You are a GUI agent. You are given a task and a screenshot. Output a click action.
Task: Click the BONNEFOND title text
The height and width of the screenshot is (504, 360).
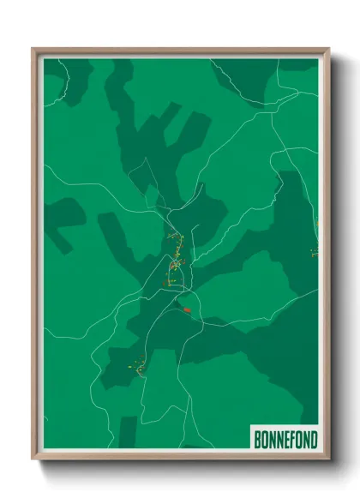[x=285, y=441]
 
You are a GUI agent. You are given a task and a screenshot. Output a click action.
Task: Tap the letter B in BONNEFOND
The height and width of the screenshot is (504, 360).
[x=258, y=441]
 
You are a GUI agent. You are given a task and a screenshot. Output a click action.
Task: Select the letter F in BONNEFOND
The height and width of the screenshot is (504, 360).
[x=292, y=441]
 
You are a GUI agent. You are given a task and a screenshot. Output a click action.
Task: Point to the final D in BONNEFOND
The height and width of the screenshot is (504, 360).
[x=314, y=441]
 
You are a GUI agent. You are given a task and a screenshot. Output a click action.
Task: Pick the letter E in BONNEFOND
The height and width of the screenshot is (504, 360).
[x=285, y=441]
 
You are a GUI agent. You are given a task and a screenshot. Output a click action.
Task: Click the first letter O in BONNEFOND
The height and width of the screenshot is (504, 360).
[x=265, y=441]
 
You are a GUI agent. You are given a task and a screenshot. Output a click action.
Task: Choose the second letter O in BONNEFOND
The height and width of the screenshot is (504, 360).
[x=299, y=441]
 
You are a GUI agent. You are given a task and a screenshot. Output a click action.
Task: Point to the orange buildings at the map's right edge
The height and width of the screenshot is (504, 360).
[x=315, y=249]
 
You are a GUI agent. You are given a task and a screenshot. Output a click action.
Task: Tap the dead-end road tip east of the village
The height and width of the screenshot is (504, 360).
[x=198, y=226]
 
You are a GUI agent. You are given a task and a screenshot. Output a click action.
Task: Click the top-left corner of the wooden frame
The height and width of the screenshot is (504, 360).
[x=33, y=49]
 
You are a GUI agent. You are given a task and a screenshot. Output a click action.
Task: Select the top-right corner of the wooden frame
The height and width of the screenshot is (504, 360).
[x=327, y=49]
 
